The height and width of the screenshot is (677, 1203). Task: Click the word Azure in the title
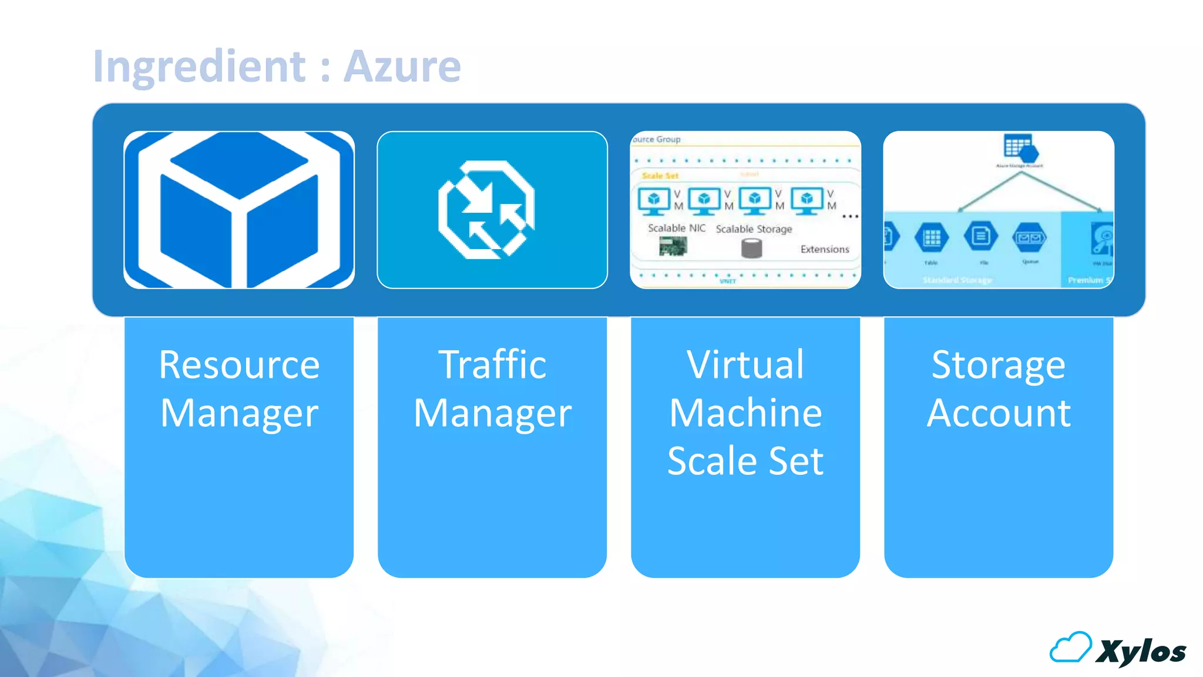coord(402,66)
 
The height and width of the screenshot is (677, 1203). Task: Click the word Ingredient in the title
coord(199,66)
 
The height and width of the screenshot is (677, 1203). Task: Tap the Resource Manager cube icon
coord(239,210)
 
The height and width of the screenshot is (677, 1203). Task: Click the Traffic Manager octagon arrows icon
coord(486,210)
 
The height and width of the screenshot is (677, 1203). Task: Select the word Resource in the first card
coord(239,365)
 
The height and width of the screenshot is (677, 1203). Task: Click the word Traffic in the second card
coord(492,365)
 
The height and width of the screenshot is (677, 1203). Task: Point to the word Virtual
coord(745,365)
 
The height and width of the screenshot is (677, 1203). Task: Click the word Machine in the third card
coord(745,413)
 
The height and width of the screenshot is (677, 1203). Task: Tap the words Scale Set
coord(745,461)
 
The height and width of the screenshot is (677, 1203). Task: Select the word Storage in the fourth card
coord(998,365)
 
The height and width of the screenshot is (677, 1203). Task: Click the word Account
coord(998,413)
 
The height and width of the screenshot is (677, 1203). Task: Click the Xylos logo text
coord(1141,652)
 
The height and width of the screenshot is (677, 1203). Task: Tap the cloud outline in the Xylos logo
coord(1070,648)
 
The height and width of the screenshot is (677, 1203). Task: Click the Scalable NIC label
coord(677,228)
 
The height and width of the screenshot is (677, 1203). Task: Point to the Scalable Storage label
coord(754,229)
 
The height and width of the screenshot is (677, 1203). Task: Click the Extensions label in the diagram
coord(825,249)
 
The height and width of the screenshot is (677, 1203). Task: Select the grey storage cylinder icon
coord(751,249)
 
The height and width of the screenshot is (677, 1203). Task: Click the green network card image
coord(673,246)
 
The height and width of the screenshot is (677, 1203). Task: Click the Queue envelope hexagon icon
coord(1029,237)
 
